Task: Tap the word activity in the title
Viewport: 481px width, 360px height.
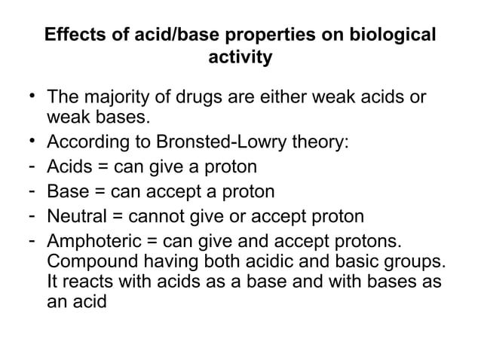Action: [x=240, y=57]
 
